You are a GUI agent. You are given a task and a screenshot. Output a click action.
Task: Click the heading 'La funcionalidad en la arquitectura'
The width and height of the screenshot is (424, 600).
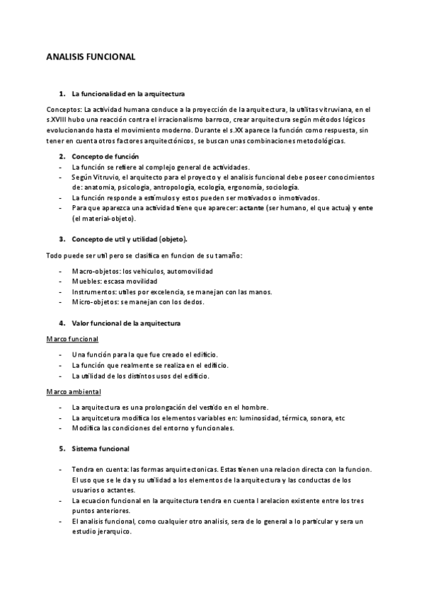129,94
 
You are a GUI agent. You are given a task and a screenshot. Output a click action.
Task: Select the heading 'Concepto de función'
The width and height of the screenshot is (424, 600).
105,156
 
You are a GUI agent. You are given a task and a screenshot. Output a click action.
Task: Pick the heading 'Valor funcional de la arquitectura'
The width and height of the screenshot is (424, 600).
126,323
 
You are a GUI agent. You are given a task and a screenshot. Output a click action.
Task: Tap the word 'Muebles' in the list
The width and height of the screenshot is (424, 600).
86,282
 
